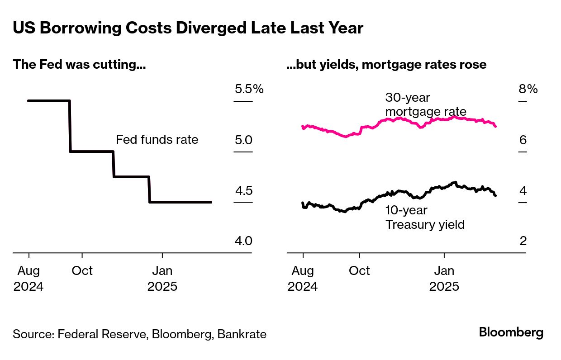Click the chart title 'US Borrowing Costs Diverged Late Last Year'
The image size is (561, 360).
click(x=188, y=28)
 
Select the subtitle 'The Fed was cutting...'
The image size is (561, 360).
click(x=79, y=65)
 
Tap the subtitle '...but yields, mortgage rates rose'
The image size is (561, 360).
click(x=386, y=65)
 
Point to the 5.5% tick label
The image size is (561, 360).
click(x=249, y=89)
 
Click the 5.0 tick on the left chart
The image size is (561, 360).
click(x=243, y=140)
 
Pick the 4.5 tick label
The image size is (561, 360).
click(x=243, y=190)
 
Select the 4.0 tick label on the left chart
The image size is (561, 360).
click(x=243, y=241)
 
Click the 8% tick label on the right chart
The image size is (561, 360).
click(x=528, y=89)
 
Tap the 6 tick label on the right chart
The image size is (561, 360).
click(x=523, y=140)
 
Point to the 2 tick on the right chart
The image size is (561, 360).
click(x=523, y=241)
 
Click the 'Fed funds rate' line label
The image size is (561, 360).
click(x=157, y=139)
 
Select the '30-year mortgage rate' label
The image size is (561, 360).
click(x=425, y=104)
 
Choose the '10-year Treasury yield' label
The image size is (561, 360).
click(x=425, y=217)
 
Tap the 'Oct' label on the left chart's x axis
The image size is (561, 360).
click(x=82, y=271)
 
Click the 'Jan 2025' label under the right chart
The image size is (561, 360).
click(x=444, y=279)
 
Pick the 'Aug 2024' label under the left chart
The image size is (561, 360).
click(x=29, y=279)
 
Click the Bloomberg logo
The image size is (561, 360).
click(x=511, y=333)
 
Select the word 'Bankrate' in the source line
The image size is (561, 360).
click(x=242, y=335)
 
